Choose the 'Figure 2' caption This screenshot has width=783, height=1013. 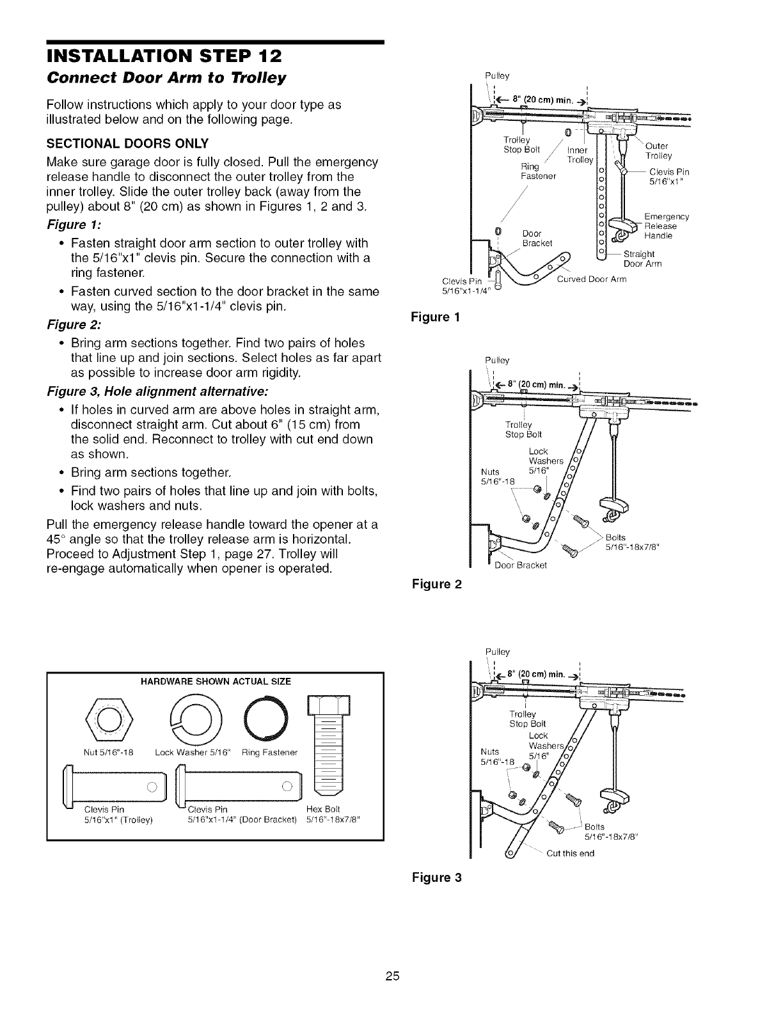coord(439,584)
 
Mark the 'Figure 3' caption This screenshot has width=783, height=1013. coord(439,877)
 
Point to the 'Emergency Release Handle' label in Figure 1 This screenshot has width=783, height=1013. coord(666,226)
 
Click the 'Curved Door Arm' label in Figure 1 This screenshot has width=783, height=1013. coord(592,279)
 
